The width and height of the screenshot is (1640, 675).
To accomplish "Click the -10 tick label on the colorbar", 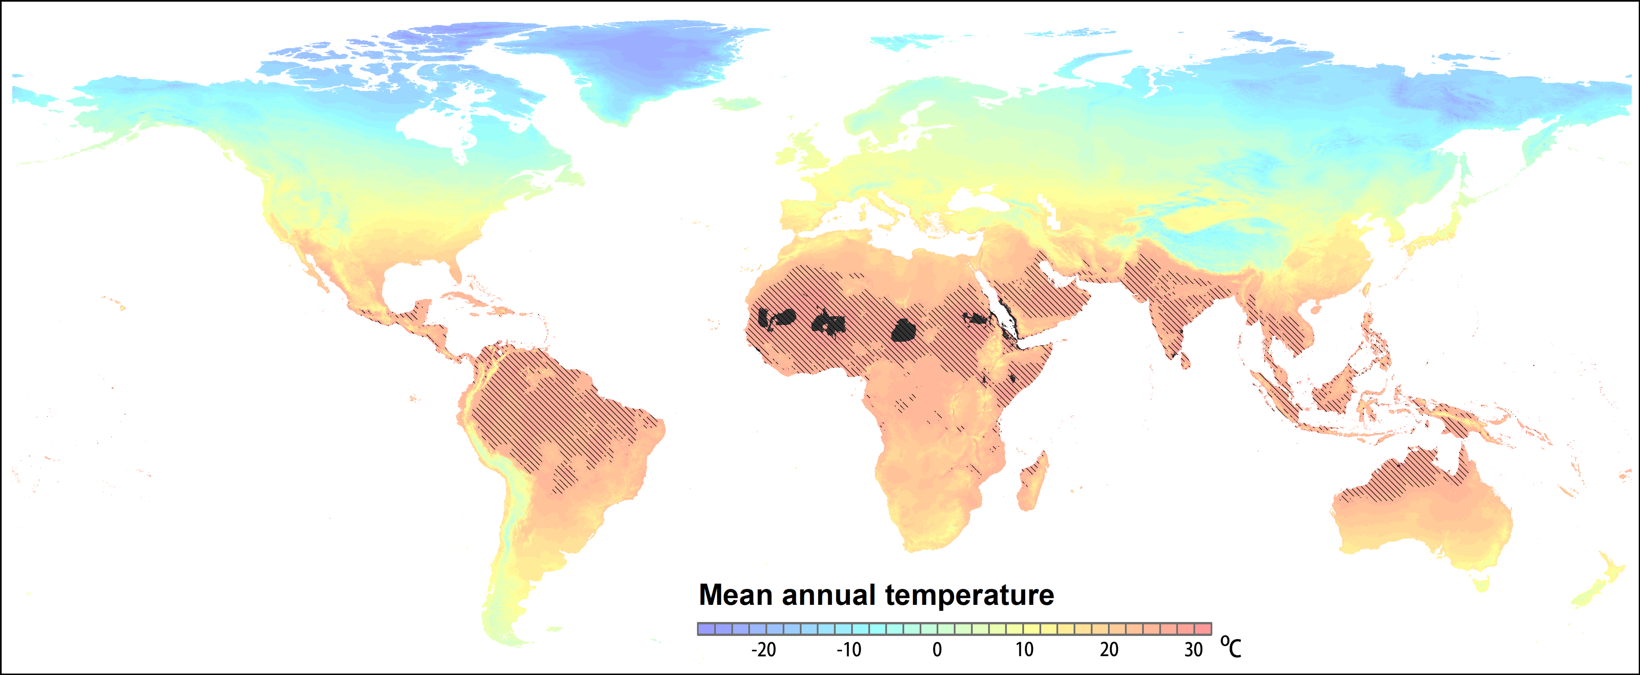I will pyautogui.click(x=849, y=650).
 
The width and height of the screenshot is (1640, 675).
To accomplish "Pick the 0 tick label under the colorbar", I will pyautogui.click(x=937, y=650).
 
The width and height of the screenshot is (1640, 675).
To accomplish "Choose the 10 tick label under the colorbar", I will pyautogui.click(x=1024, y=650).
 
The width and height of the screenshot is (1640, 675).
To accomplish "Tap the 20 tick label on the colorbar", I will pyautogui.click(x=1109, y=650).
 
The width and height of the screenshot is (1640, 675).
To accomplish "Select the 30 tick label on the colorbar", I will pyautogui.click(x=1194, y=650).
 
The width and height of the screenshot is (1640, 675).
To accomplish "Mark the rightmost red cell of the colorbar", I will pyautogui.click(x=1203, y=628).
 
